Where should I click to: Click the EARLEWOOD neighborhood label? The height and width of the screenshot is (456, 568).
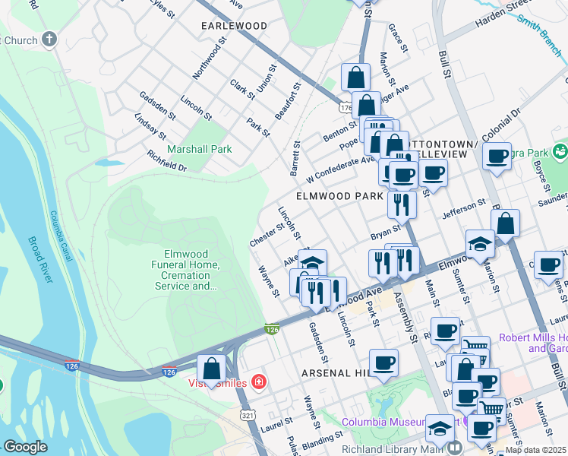click(234, 26)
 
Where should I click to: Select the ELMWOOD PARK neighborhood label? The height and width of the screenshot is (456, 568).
click(339, 196)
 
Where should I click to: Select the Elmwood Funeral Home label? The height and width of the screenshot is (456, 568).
click(191, 271)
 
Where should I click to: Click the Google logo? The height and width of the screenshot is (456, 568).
click(25, 447)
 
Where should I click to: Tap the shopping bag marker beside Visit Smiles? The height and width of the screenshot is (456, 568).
click(213, 369)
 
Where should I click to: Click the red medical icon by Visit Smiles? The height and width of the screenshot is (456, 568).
click(259, 381)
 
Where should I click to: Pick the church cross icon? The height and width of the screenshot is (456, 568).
click(49, 38)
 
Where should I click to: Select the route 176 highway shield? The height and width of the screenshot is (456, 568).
click(346, 108)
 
